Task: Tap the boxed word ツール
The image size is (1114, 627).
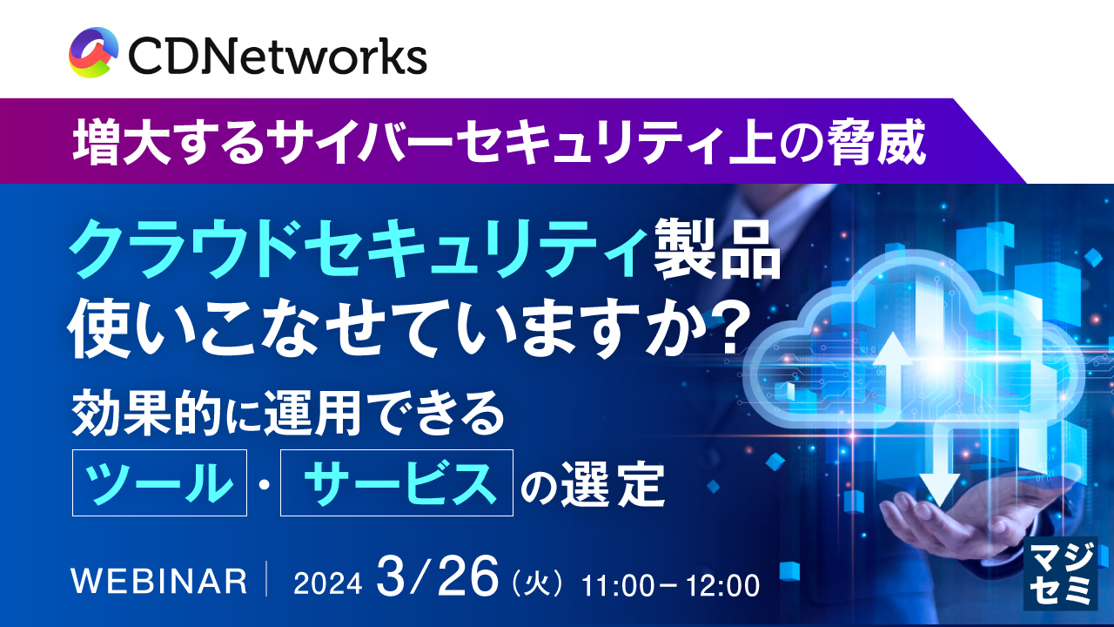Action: pyautogui.click(x=160, y=482)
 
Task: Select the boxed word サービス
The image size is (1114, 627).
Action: pyautogui.click(x=397, y=482)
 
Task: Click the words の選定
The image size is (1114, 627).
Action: pyautogui.click(x=592, y=484)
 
